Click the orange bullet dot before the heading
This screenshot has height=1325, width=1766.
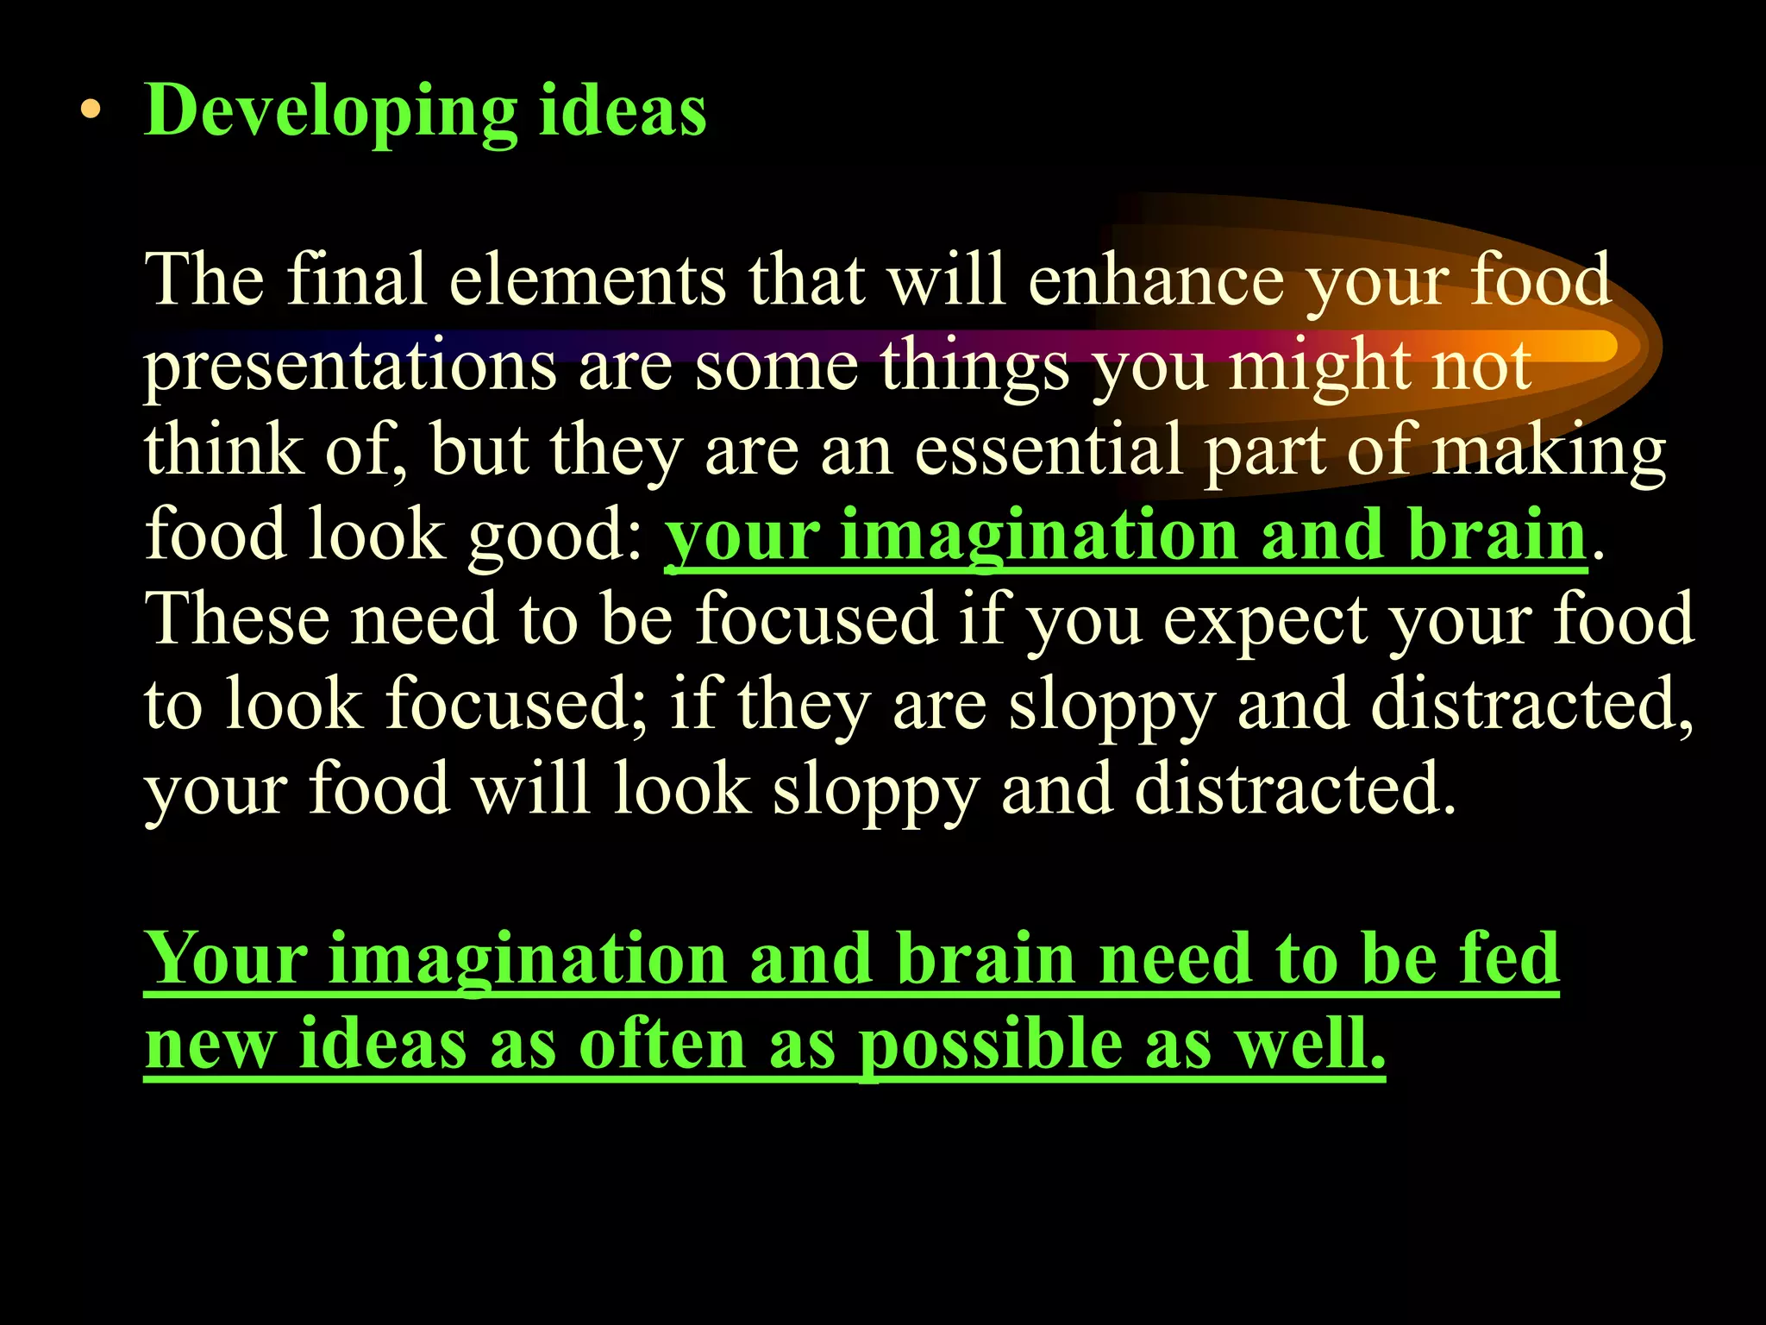(91, 111)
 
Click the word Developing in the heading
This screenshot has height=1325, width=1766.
(331, 111)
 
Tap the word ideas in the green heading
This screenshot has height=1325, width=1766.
(623, 111)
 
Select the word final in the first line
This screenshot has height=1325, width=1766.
(356, 280)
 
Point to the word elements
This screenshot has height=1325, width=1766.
(587, 280)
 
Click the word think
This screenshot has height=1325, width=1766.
(223, 449)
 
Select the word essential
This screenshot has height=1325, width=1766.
(1048, 449)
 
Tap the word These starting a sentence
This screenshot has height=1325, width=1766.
(236, 619)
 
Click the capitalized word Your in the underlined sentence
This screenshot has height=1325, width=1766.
(226, 959)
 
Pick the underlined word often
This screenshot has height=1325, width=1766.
(661, 1044)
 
